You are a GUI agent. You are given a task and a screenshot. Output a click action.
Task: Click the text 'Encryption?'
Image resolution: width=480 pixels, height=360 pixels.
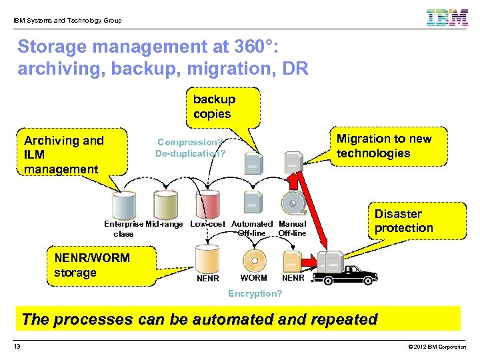(255, 294)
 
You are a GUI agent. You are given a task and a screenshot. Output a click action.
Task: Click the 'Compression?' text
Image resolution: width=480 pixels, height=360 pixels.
(190, 142)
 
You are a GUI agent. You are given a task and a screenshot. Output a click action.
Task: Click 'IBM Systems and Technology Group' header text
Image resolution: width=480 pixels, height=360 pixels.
(67, 21)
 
